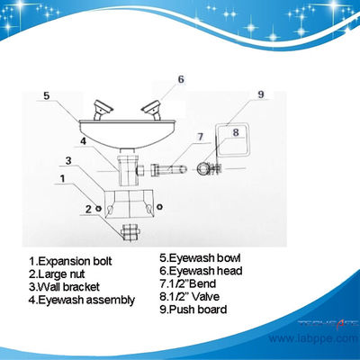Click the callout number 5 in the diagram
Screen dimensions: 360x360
tap(47, 93)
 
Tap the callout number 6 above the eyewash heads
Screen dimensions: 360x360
tap(180, 79)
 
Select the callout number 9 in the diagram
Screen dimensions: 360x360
tap(260, 94)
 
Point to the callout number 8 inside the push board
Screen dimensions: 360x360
tap(235, 130)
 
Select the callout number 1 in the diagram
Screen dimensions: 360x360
tap(61, 179)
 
